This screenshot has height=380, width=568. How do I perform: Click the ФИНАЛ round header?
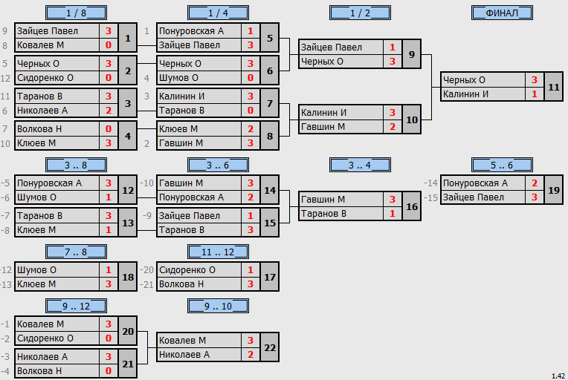click(x=502, y=13)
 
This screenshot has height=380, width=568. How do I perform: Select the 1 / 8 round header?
click(x=76, y=13)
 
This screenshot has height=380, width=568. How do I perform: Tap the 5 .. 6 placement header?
click(x=502, y=166)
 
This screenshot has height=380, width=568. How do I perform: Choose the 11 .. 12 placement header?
click(x=218, y=252)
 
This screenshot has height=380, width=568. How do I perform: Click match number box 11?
click(x=554, y=87)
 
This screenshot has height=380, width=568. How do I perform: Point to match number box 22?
click(x=270, y=347)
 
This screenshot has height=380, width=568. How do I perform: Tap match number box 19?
click(x=554, y=190)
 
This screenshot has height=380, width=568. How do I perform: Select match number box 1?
click(x=128, y=38)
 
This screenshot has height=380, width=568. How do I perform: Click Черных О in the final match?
click(x=464, y=80)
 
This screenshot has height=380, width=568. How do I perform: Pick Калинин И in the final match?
click(x=465, y=94)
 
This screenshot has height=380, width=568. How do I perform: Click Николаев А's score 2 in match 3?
click(x=109, y=111)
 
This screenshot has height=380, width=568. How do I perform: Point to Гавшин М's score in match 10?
click(x=393, y=127)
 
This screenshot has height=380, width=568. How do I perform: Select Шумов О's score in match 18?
click(x=109, y=269)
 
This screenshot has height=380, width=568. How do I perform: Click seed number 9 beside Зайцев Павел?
click(x=4, y=31)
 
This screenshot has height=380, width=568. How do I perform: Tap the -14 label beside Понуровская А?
click(x=431, y=183)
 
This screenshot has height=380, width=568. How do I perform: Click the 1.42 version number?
click(x=558, y=376)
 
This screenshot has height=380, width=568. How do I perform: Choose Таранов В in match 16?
click(x=323, y=214)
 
